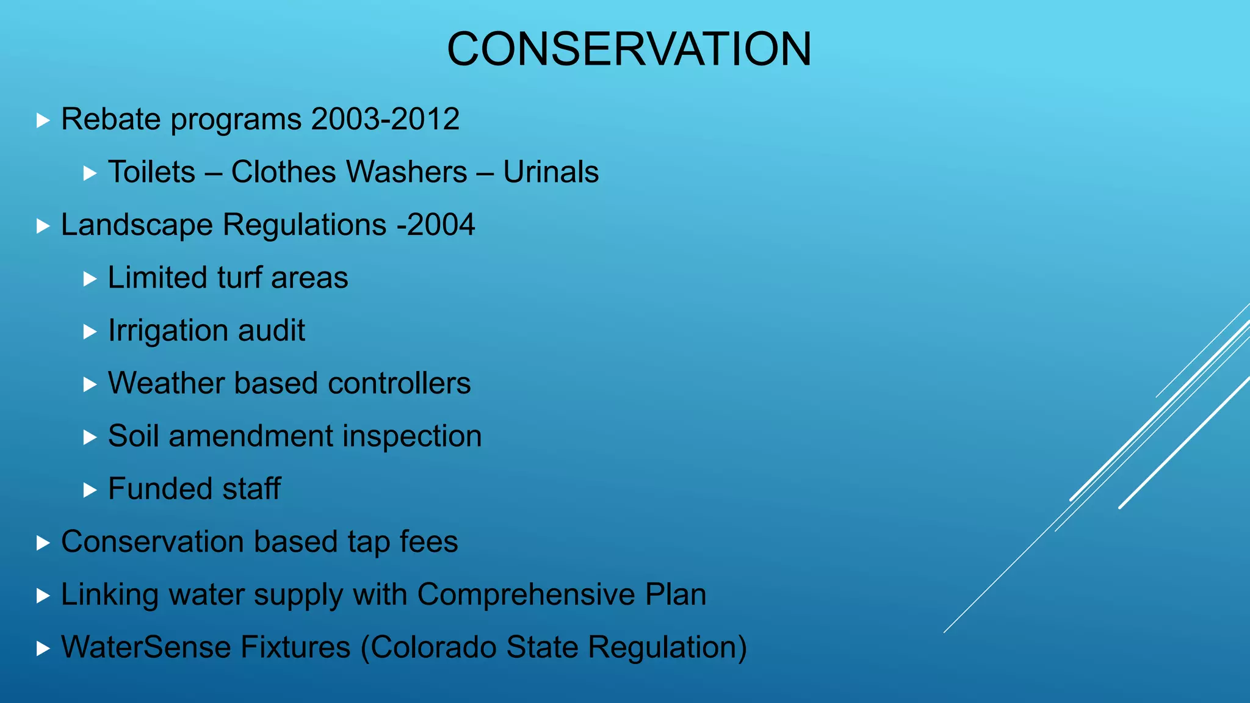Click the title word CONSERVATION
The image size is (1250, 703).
[x=629, y=49]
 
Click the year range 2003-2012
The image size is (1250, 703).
[x=385, y=119]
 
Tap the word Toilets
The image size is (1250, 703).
[x=151, y=172]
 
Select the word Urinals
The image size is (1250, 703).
[x=551, y=172]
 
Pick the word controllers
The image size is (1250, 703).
[x=399, y=383]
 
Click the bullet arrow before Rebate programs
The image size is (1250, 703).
[x=43, y=120]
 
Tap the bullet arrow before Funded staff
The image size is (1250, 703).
[x=90, y=490]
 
